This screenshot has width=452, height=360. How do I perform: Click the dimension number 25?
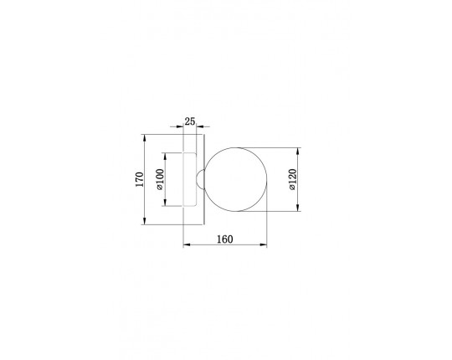(x=190, y=121)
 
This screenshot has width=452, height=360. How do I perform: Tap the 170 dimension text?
(x=140, y=179)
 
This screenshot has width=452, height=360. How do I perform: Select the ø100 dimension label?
(x=160, y=179)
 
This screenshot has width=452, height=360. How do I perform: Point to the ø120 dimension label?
(x=292, y=179)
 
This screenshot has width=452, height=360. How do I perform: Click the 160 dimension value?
(x=225, y=239)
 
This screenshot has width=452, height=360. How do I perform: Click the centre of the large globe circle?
(x=236, y=179)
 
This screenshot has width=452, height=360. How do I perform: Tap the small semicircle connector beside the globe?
(x=200, y=179)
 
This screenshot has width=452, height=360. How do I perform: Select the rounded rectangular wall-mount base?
(x=190, y=179)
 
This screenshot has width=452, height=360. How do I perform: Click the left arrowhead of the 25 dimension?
(x=180, y=126)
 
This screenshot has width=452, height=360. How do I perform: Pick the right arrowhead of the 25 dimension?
(x=200, y=126)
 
